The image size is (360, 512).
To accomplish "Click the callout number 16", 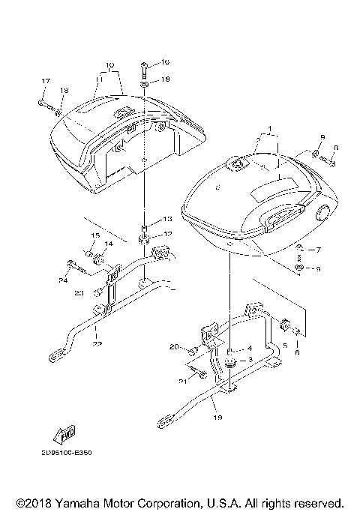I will click(166, 61).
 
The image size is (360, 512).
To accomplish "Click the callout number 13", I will click(166, 219).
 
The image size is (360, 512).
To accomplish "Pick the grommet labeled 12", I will click(142, 241).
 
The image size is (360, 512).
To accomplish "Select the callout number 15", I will click(95, 235).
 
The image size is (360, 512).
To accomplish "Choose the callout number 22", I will click(97, 344).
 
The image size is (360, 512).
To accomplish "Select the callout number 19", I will click(217, 417).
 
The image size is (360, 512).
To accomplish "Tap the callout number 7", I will click(317, 249).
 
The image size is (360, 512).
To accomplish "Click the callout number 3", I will click(251, 360).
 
